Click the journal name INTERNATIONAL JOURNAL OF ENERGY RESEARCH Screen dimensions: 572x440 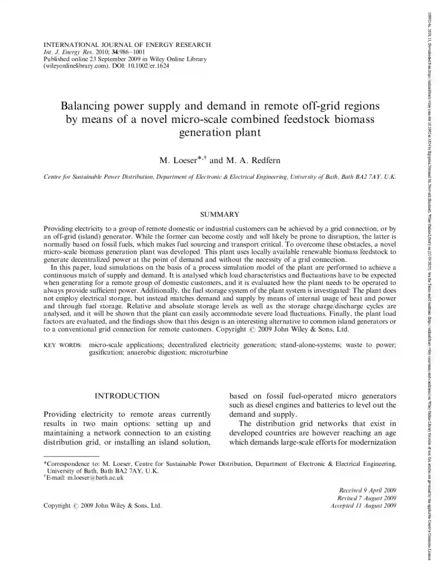point(127,44)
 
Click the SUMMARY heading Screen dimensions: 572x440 point(219,214)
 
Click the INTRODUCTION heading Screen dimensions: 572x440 point(127,396)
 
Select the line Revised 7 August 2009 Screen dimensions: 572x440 point(366,498)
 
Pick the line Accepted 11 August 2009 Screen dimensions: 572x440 point(364,506)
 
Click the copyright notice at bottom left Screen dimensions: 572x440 point(103,506)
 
